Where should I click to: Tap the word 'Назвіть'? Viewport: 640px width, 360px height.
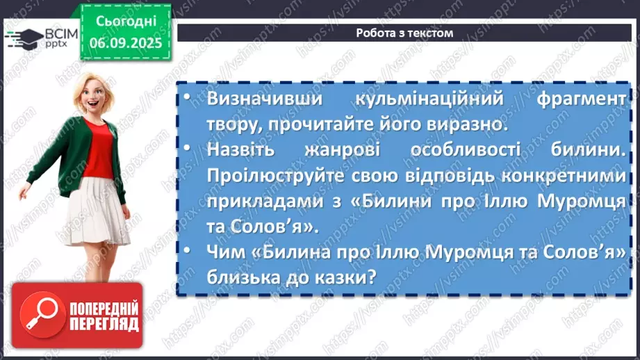[x=240, y=151]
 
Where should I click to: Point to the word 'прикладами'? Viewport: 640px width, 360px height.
[x=258, y=203]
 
